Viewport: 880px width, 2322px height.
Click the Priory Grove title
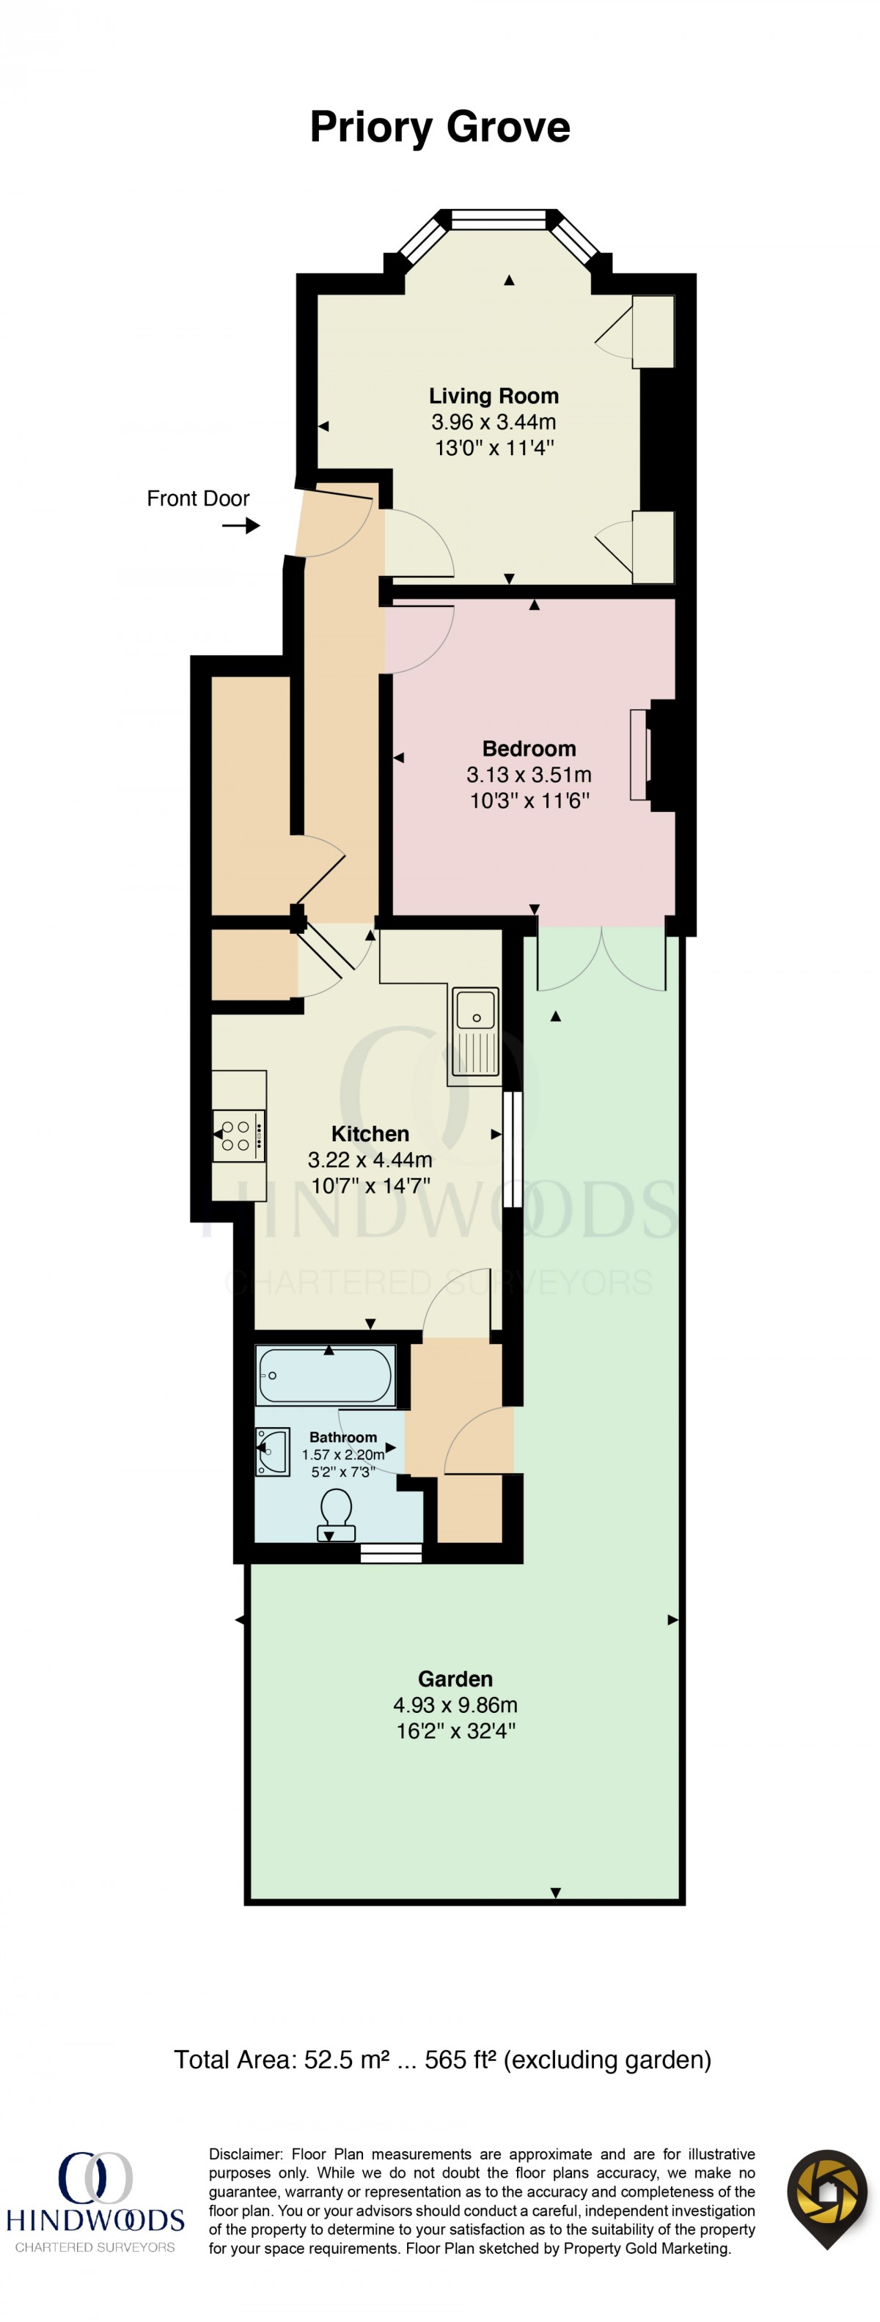[440, 127]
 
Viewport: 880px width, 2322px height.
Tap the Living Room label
[494, 396]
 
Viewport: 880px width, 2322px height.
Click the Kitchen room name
[370, 1134]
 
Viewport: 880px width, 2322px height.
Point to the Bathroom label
[342, 1437]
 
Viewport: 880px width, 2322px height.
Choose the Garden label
[455, 1678]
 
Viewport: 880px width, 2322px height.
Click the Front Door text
[198, 498]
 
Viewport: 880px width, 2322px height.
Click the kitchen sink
[475, 1031]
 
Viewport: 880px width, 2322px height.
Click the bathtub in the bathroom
[326, 1376]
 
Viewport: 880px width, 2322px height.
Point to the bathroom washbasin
[271, 1451]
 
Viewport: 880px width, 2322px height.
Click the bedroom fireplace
[640, 754]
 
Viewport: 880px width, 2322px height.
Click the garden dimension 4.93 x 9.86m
[455, 1705]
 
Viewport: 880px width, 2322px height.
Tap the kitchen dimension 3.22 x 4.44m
[370, 1160]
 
